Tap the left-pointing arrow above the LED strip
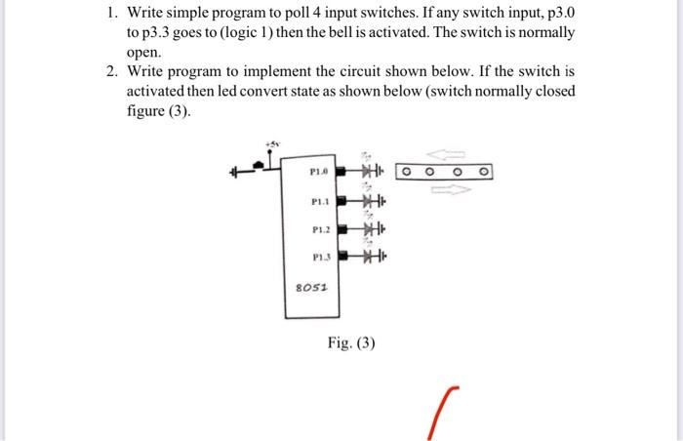coord(453,154)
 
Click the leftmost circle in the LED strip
coord(409,174)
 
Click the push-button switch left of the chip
coord(256,172)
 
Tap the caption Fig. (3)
coord(351,343)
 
